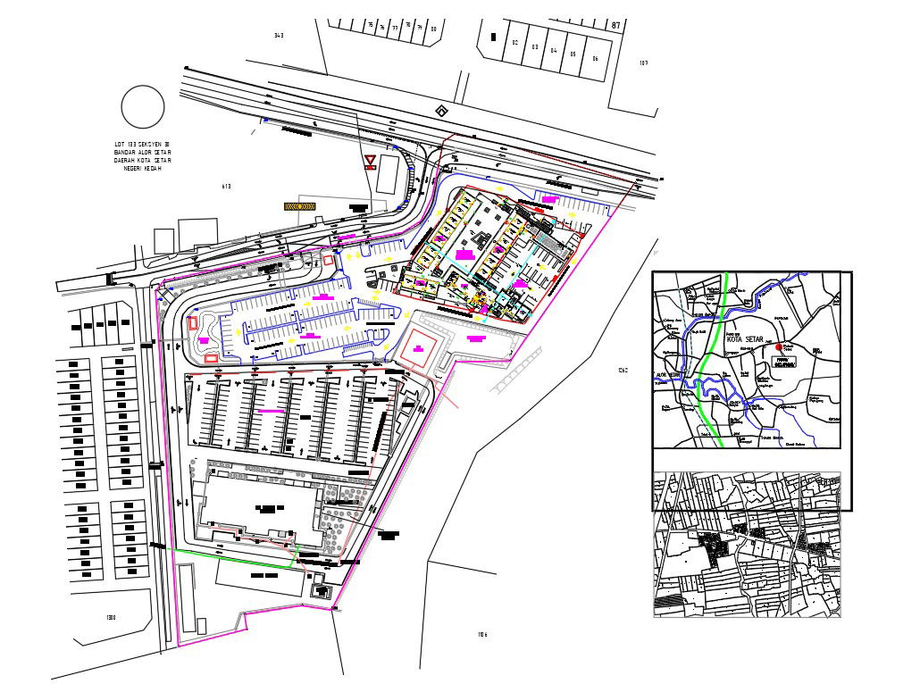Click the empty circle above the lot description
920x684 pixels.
143,107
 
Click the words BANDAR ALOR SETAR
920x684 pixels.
142,152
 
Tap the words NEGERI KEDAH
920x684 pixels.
142,168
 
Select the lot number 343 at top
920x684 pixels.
279,36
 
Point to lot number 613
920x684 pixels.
226,187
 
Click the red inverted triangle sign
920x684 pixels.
370,162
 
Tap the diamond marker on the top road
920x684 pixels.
440,111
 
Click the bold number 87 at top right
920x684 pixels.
615,26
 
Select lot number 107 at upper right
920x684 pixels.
643,63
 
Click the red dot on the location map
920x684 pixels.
779,346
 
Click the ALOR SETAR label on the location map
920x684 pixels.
669,375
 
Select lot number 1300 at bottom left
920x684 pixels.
111,617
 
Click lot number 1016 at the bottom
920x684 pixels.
482,635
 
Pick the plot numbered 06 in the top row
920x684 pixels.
595,58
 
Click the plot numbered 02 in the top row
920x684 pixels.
515,43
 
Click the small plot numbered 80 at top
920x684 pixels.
433,29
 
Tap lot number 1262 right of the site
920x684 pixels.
623,371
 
